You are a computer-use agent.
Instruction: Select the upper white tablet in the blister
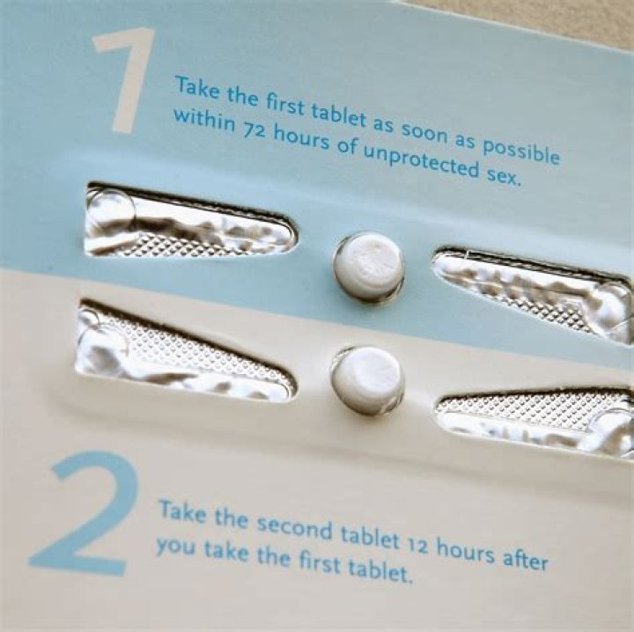pos(368,267)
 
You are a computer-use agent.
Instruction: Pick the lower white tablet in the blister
pos(367,379)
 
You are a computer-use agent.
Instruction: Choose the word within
pos(203,121)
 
